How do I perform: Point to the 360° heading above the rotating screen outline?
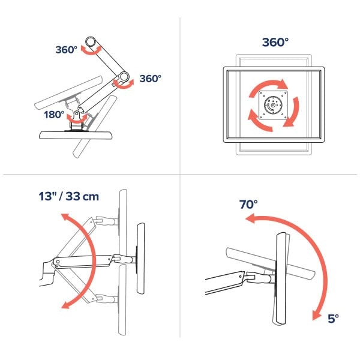pyautogui.click(x=275, y=42)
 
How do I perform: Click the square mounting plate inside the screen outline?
pyautogui.click(x=273, y=105)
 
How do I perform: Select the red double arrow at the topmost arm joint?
pyautogui.click(x=91, y=52)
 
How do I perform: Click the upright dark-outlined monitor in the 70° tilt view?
pyautogui.click(x=281, y=276)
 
